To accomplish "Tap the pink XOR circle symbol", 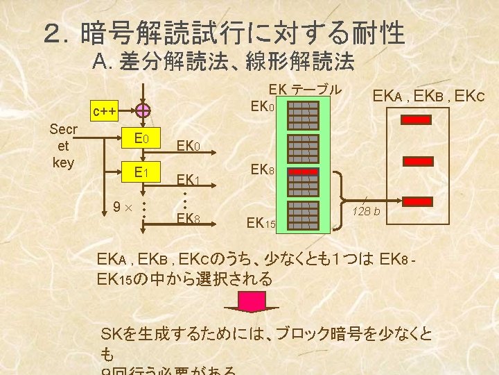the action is tap(142, 110).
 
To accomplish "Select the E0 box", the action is tap(142, 137).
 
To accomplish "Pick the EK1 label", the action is tap(188, 181).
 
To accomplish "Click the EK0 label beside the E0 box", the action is tap(188, 147).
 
